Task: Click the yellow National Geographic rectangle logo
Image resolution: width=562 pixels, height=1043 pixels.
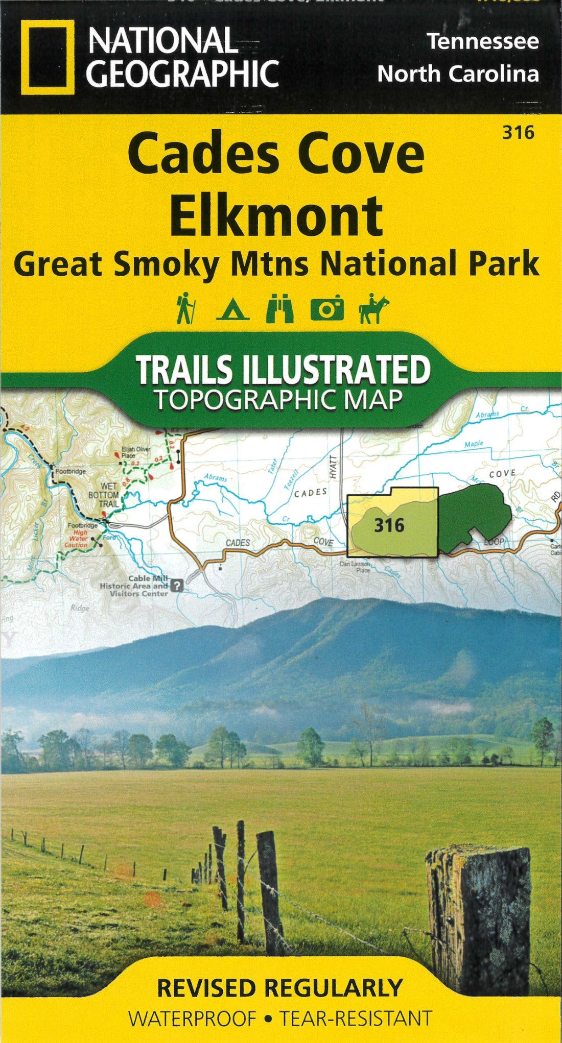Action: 44,57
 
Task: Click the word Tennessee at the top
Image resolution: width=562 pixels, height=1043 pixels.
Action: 483,41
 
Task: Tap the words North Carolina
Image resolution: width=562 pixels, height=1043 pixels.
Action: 458,74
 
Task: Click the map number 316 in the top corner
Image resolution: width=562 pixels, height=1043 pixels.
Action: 518,133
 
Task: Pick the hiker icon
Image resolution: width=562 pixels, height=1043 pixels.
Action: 184,308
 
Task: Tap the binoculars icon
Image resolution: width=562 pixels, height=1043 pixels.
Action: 280,308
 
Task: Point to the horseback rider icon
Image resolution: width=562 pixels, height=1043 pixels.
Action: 374,308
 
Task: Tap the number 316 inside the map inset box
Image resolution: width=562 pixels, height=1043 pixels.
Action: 389,525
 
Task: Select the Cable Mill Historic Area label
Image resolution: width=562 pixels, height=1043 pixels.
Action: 134,586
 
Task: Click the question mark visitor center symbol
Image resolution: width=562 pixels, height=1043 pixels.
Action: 177,586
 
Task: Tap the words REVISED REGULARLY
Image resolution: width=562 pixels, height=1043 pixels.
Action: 279,988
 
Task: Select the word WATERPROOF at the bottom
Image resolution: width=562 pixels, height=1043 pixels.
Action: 192,1019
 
